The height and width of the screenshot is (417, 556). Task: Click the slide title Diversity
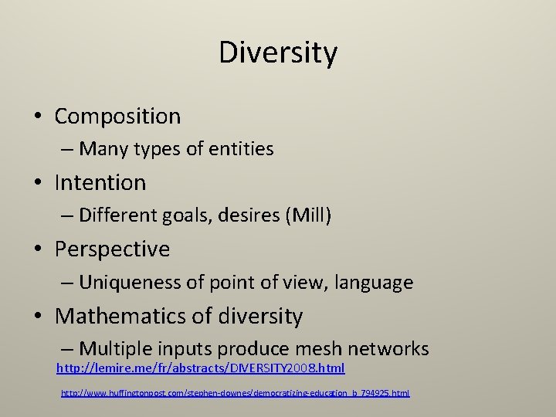pyautogui.click(x=278, y=53)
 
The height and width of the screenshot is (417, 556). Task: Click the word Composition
pyautogui.click(x=117, y=117)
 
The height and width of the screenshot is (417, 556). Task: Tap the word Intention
pyautogui.click(x=100, y=183)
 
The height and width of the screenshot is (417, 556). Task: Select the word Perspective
pyautogui.click(x=112, y=249)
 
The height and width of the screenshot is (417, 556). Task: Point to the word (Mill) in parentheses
pyautogui.click(x=308, y=215)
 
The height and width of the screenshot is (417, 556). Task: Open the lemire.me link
pyautogui.click(x=201, y=369)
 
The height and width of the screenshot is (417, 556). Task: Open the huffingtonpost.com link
pyautogui.click(x=236, y=393)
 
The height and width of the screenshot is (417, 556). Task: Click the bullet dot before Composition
pyautogui.click(x=37, y=117)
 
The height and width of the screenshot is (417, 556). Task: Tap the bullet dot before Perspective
pyautogui.click(x=37, y=250)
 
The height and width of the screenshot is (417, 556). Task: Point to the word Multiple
pyautogui.click(x=112, y=349)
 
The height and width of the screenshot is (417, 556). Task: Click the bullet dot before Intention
pyautogui.click(x=37, y=184)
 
